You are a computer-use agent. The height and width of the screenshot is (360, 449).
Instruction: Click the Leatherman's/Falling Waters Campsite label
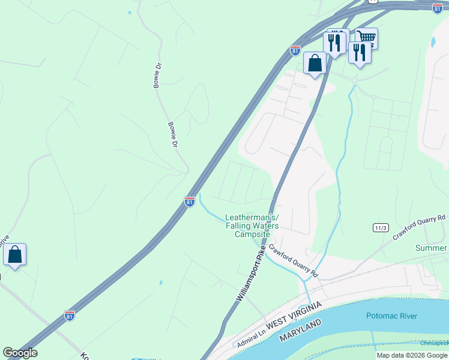(x=252, y=226)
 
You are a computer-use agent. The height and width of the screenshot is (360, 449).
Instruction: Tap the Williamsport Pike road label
(x=250, y=277)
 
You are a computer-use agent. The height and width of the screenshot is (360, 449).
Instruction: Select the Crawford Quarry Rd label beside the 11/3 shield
(x=420, y=227)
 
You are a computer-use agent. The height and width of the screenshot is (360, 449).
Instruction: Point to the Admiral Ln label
(x=251, y=343)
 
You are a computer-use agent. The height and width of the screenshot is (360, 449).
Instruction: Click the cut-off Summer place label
(x=431, y=248)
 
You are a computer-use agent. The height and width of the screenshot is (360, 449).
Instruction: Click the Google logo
(x=20, y=353)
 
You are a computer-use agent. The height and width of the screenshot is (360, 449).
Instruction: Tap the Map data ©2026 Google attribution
(x=412, y=355)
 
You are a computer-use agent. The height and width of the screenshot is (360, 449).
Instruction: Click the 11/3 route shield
(x=381, y=228)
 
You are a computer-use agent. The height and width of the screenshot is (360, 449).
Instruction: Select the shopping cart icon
(x=366, y=38)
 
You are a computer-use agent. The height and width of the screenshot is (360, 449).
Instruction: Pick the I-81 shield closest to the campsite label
(x=190, y=202)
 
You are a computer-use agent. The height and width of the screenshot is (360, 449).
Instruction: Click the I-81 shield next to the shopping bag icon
(x=295, y=50)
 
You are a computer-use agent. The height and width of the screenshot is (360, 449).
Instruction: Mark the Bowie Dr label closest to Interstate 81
(x=173, y=136)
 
